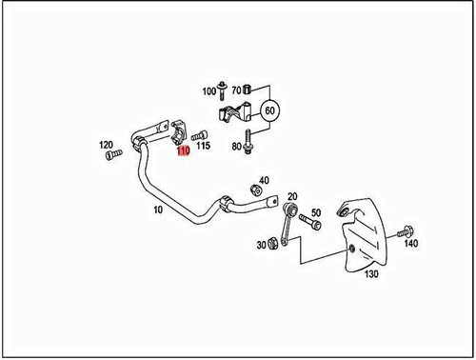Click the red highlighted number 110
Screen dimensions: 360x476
(x=181, y=150)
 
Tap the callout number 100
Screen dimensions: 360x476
(x=208, y=92)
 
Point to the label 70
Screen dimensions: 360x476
(x=235, y=90)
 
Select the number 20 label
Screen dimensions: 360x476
(x=291, y=195)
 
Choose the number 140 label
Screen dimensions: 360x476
(x=410, y=245)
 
